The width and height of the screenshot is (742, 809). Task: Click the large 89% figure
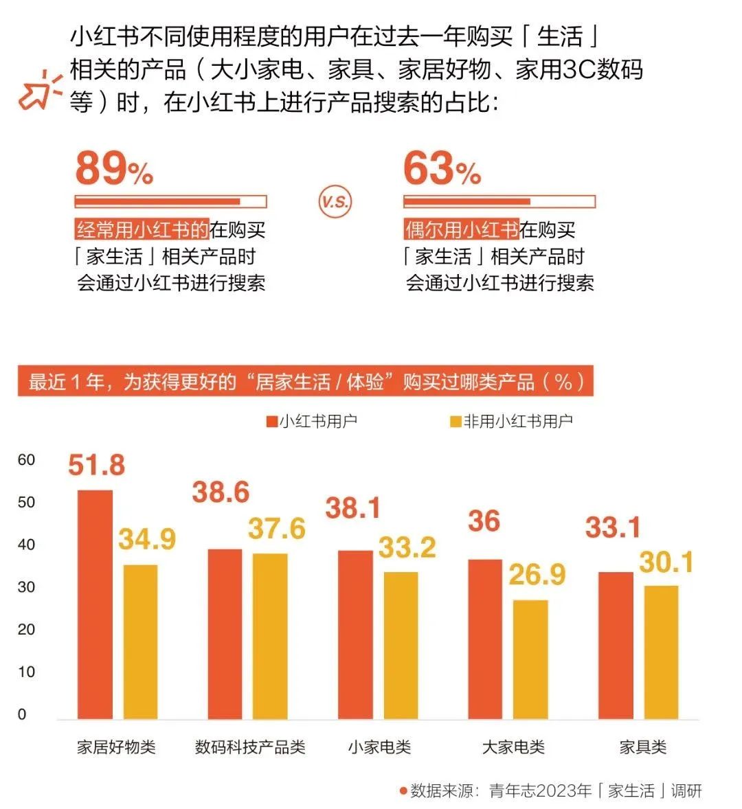pos(113,169)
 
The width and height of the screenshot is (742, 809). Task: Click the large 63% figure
pos(441,169)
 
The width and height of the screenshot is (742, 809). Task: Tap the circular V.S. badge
pos(335,201)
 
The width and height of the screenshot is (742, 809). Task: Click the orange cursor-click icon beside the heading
pos(38,91)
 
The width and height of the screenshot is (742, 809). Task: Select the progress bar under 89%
pos(170,202)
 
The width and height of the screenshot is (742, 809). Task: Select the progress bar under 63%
pos(499,202)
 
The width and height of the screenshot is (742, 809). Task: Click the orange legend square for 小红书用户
pos(272,422)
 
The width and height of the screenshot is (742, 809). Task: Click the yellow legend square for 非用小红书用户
pos(456,422)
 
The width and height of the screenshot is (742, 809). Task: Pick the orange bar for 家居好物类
pos(95,604)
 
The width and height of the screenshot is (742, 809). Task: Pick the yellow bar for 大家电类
pos(530,659)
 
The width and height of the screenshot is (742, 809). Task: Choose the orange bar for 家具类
pos(616,646)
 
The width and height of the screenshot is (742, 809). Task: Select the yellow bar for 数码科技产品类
pos(270,636)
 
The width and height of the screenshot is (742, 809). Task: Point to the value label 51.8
pos(96,466)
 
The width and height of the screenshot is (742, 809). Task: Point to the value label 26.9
pos(537,575)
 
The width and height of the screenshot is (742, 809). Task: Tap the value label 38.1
pos(352,509)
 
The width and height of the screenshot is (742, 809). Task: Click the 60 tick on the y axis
pos(26,460)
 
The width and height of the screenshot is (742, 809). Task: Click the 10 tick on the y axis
pos(26,672)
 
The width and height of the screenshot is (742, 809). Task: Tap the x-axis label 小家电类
pos(379,747)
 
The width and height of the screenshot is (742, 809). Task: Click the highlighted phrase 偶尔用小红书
pos(461,229)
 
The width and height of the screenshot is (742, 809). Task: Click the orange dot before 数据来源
pos(403,790)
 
